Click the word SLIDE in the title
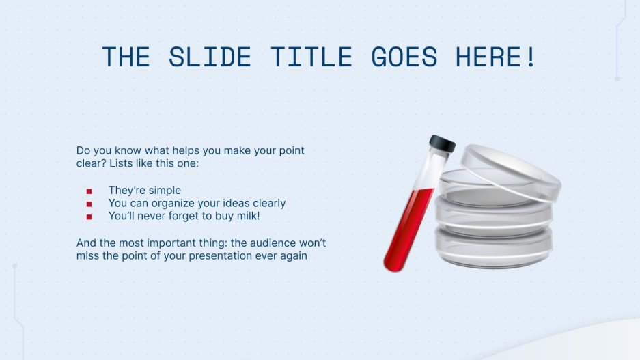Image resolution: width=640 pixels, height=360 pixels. click(x=210, y=57)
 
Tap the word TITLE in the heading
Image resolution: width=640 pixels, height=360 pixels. click(x=311, y=57)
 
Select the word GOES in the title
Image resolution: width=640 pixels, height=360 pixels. click(x=404, y=57)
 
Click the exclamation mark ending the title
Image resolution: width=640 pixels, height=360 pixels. click(x=531, y=57)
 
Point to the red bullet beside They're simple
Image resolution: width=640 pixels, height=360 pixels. click(x=89, y=191)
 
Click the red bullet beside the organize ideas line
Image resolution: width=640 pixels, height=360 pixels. click(x=89, y=204)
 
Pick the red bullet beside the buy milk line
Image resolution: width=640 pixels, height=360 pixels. click(x=89, y=217)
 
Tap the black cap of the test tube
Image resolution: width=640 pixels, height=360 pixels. click(x=442, y=143)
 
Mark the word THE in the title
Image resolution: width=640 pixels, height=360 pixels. click(x=126, y=57)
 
